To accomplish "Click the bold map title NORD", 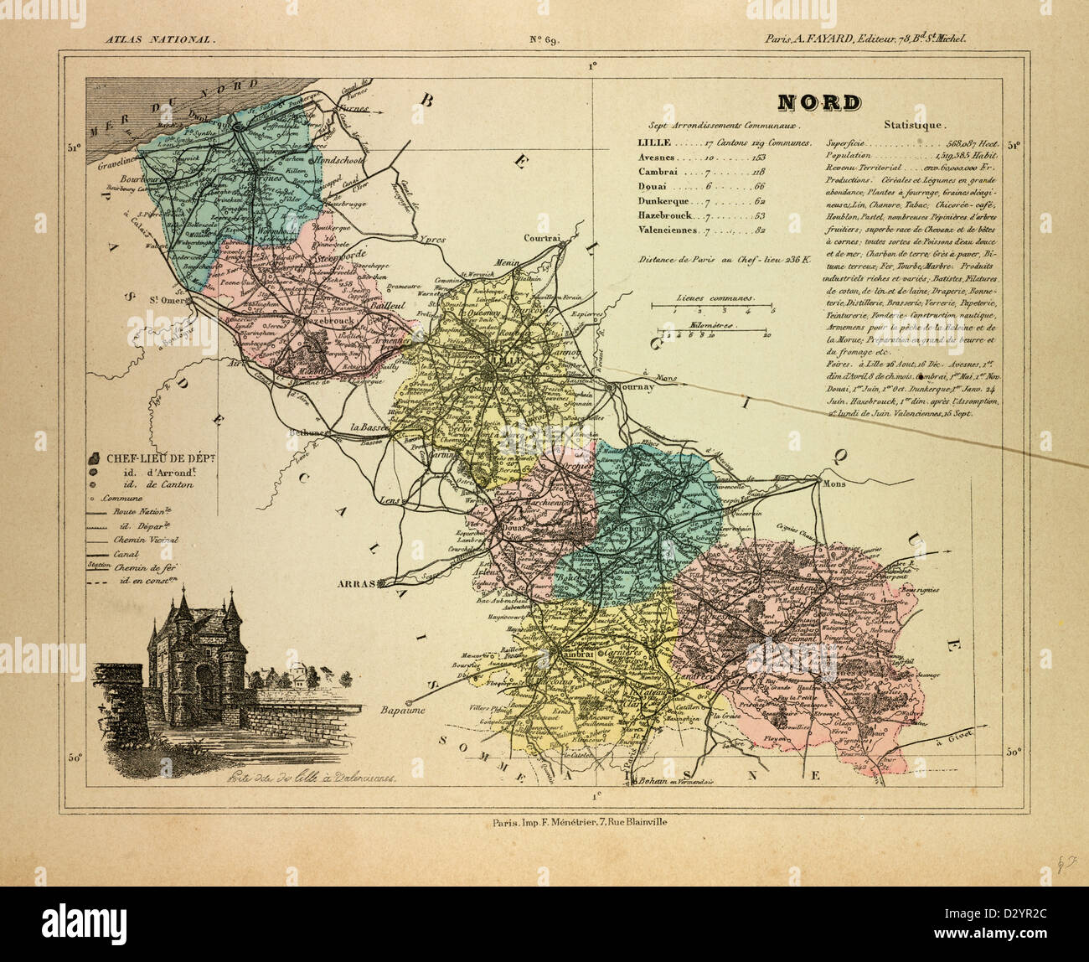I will (818, 102).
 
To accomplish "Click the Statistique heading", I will (914, 126).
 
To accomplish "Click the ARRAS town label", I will (356, 583).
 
